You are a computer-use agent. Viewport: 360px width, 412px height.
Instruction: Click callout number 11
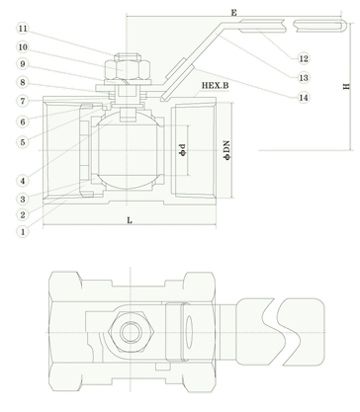(x=23, y=29)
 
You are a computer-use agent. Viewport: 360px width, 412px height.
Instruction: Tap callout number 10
(x=23, y=47)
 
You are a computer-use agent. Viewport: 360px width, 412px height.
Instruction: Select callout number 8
(x=23, y=82)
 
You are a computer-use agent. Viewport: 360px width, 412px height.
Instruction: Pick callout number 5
(x=23, y=142)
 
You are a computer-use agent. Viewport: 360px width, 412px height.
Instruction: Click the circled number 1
(x=23, y=231)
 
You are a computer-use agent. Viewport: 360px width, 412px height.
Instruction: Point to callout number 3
(x=23, y=199)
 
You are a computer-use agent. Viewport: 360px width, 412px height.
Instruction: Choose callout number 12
(x=304, y=58)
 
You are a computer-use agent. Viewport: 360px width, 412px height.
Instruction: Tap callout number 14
(x=304, y=98)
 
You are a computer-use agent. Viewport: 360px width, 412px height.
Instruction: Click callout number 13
(x=304, y=78)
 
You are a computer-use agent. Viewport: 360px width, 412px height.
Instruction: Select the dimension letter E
(x=233, y=13)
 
